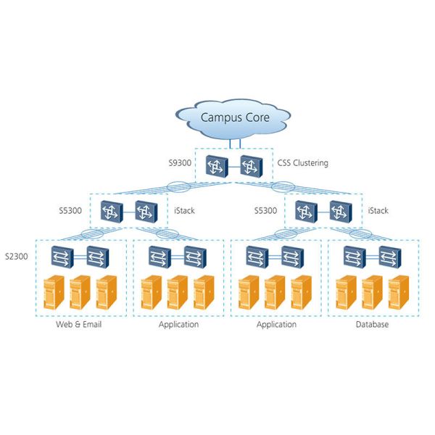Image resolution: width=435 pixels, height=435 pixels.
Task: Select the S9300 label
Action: coord(180,163)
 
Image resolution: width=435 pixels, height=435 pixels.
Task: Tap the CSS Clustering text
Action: coord(302,163)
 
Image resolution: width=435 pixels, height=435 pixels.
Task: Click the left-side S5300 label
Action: coord(72,211)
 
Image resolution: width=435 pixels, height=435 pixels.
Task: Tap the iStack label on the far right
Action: coord(378,211)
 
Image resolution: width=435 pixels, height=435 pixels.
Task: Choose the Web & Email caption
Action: coord(79,325)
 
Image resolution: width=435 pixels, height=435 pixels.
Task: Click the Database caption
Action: coord(372,325)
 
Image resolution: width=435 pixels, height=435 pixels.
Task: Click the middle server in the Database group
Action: coord(372,292)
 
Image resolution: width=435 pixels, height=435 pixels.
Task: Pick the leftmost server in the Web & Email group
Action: coord(54,292)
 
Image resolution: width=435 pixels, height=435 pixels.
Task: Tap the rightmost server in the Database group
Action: coord(398,292)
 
